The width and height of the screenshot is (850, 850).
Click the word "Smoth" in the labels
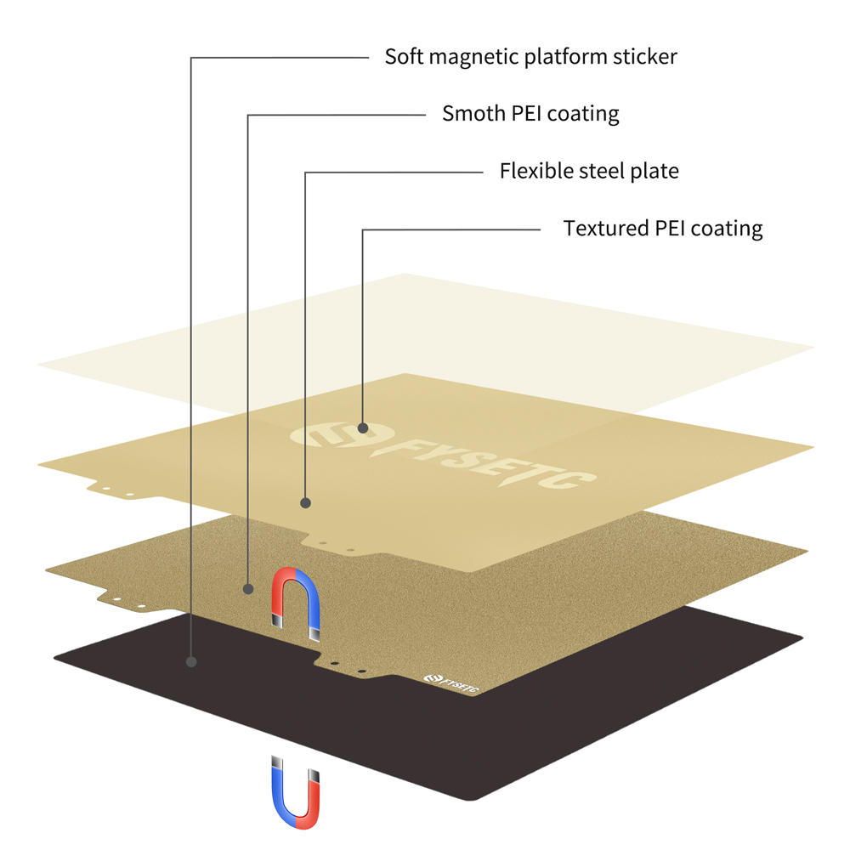467,113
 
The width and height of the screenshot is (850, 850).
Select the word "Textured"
605,228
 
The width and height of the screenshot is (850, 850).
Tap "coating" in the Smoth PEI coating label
583,113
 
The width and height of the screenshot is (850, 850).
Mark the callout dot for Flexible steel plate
306,503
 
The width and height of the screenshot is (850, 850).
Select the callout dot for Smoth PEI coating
248,588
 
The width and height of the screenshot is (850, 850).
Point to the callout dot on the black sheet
192,660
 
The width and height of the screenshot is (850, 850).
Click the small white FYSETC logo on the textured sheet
450,683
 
